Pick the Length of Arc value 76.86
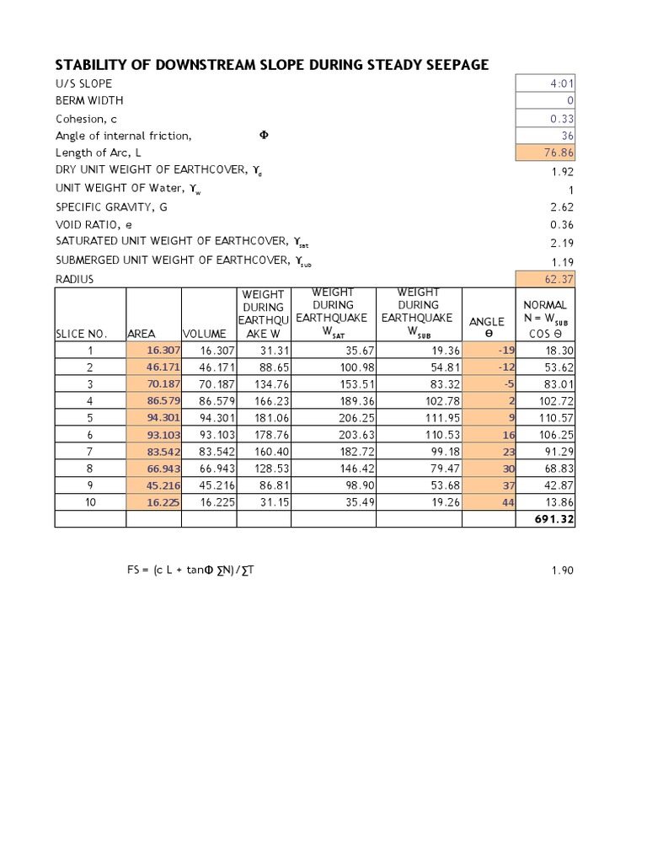(559, 153)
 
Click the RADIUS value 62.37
(559, 279)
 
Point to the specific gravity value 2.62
(562, 206)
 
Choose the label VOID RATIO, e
(94, 225)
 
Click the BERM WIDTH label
(89, 101)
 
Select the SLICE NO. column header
(82, 334)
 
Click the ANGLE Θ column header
(487, 328)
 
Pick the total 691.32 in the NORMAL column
(554, 520)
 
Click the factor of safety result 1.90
(562, 571)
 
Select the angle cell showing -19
(505, 351)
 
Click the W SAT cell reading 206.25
(334, 418)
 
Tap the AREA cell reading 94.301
(163, 418)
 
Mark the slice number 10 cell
(91, 502)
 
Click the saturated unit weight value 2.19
(562, 243)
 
